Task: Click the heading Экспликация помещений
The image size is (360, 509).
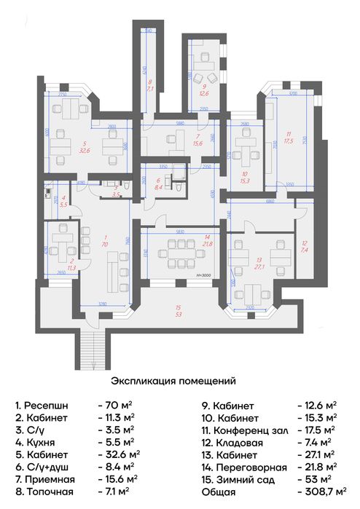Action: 173,380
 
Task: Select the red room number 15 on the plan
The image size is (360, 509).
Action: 179,308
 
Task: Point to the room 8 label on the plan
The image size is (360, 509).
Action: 150,85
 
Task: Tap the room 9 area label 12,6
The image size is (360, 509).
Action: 205,93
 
